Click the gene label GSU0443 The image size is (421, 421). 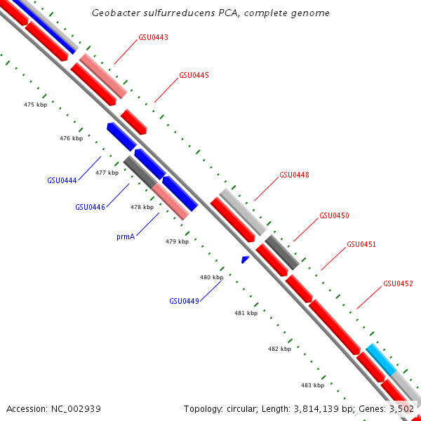153,37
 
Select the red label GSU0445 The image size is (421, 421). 194,75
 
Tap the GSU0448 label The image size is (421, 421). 294,175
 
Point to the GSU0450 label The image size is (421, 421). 334,216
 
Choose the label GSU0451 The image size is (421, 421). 361,245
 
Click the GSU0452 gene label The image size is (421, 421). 398,284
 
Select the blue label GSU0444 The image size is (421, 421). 62,180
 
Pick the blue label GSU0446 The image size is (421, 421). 90,207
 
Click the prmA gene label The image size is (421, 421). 125,237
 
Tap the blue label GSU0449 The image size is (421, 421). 184,301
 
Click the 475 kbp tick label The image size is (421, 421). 35,105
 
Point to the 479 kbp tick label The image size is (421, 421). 177,241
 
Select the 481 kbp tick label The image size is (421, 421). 245,313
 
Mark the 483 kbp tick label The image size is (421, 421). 312,385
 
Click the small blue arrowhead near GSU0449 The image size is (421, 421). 245,260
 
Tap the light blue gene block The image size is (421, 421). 381,360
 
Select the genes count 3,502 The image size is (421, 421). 402,408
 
